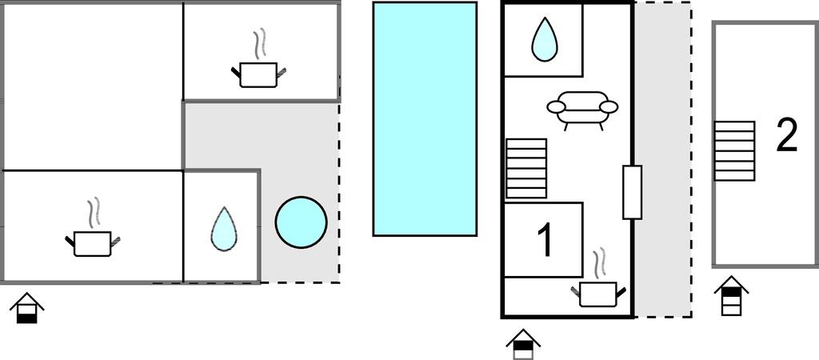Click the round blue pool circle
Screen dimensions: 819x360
[302, 222]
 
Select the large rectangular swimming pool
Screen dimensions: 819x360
[425, 118]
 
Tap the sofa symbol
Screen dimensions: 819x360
[582, 110]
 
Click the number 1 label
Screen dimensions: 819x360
[545, 240]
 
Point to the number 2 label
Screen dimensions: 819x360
[787, 135]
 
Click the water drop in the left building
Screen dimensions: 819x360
[224, 228]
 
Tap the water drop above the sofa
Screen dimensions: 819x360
[544, 39]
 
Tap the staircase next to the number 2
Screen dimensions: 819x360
[734, 151]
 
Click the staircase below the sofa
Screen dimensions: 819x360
[526, 168]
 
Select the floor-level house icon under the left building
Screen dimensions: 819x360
[26, 308]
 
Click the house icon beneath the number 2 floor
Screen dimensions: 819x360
[731, 296]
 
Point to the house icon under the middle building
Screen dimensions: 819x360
[523, 344]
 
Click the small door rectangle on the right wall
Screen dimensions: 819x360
[632, 192]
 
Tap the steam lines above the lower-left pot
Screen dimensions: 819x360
[94, 213]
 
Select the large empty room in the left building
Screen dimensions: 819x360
[93, 86]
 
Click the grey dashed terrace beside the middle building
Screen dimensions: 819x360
[663, 159]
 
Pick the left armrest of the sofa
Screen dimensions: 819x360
[557, 107]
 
